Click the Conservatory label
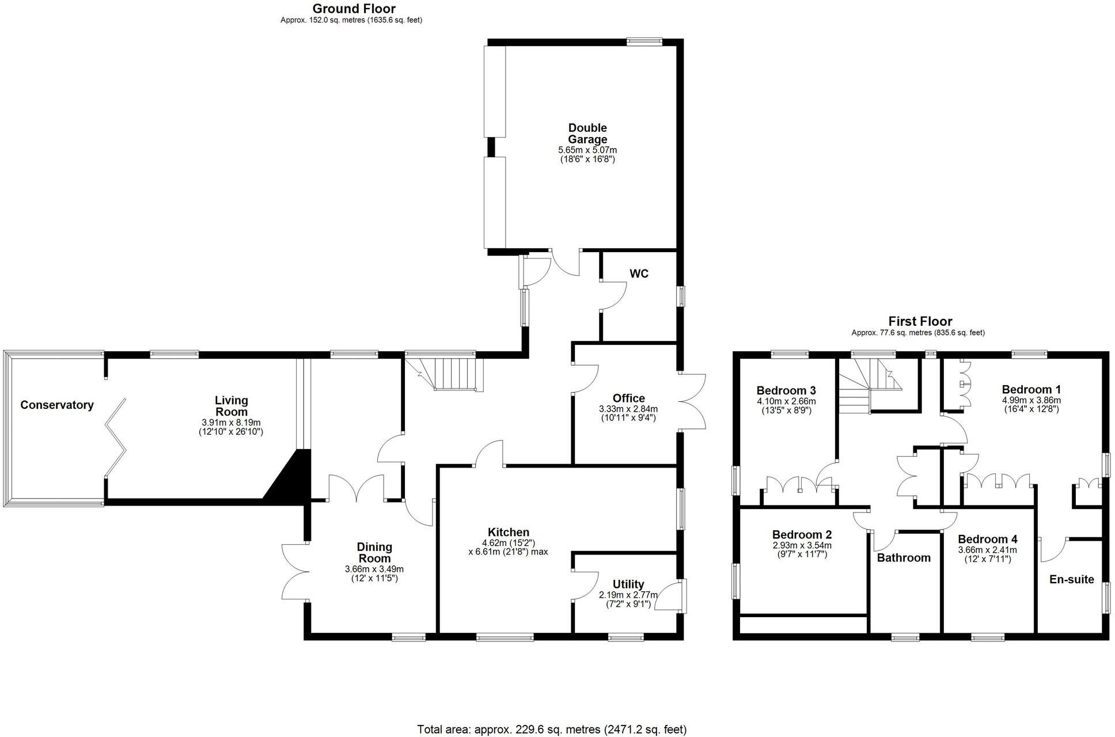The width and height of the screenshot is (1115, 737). coord(56,405)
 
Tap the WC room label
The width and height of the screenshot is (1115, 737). coord(639,274)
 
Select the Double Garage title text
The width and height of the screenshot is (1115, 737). coord(587,134)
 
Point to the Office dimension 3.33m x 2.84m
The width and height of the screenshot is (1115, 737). coord(628,409)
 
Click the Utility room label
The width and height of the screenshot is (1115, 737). coord(628,584)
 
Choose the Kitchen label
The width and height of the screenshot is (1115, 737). coord(508,533)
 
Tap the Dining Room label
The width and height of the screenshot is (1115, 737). coord(374,553)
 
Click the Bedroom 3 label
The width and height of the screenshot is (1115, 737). coord(786,390)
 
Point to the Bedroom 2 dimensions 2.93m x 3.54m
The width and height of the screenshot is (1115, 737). coord(802,545)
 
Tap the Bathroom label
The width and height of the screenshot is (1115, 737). coord(904,557)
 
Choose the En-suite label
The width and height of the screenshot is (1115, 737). coord(1071,579)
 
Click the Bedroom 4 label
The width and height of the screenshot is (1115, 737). coord(987,540)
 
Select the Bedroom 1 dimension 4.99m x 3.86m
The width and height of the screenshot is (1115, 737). coord(1031,400)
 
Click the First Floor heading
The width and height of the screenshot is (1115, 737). coord(920,321)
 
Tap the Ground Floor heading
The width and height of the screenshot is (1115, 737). coord(354,9)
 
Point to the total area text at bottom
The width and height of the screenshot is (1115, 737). coord(552,730)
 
